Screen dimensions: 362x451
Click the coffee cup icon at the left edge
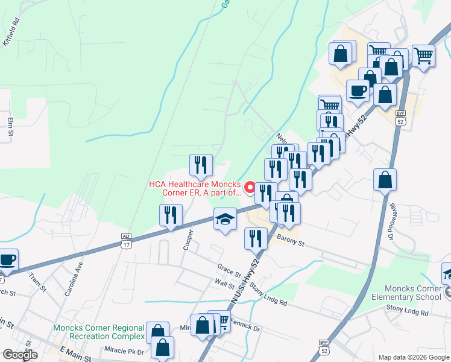[7, 260]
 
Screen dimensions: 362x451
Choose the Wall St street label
[224, 282]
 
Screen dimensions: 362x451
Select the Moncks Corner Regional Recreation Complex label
[99, 332]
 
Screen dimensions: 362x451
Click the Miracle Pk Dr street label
[124, 352]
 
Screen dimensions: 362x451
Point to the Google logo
[19, 354]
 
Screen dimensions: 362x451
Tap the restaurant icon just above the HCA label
[201, 165]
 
